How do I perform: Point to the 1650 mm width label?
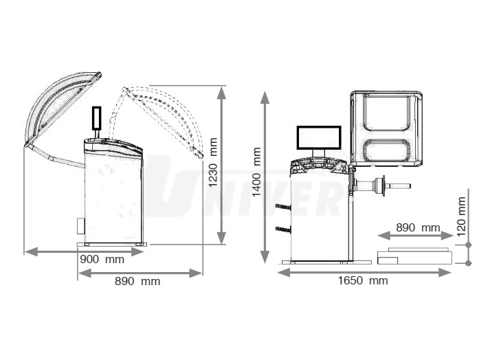[x=364, y=280]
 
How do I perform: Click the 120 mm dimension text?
[x=461, y=214]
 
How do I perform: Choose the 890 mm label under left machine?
[x=137, y=280]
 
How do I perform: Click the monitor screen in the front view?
[x=319, y=137]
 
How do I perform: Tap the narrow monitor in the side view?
[x=97, y=118]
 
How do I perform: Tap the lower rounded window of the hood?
[x=387, y=153]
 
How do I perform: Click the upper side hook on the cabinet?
[x=281, y=207]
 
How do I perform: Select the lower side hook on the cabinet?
[x=281, y=228]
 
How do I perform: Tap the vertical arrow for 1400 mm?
[x=267, y=177]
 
